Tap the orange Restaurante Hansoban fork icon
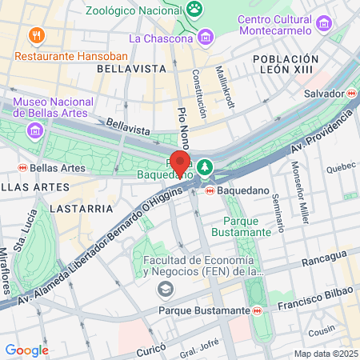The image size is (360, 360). point(34,35)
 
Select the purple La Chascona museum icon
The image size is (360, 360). point(206,37)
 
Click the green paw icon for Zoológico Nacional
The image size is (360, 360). point(194,7)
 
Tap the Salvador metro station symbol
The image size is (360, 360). point(351,93)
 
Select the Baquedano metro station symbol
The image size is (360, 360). point(210,191)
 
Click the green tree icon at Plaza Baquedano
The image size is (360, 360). point(206,166)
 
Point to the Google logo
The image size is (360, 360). point(26,350)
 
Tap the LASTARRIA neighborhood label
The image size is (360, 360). point(80,208)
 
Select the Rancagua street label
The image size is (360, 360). point(324,255)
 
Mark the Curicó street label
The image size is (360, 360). point(149,350)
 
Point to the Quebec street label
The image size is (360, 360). point(341,167)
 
